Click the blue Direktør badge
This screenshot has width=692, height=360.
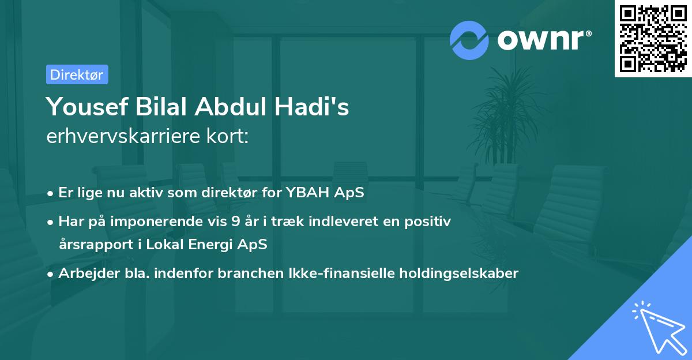(77, 74)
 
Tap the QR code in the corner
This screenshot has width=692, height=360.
(653, 39)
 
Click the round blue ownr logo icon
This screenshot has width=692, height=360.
(469, 40)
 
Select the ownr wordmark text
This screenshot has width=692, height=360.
(542, 40)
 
